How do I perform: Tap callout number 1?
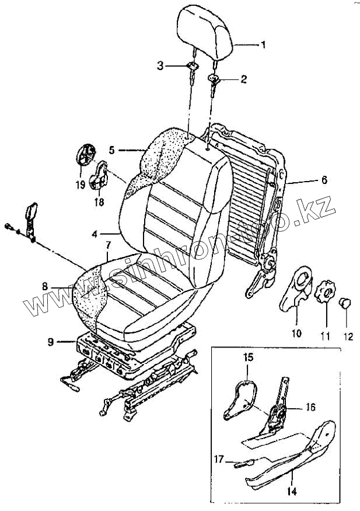pos(263,44)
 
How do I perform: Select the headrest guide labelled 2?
pos(215,79)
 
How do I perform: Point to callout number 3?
pos(160,65)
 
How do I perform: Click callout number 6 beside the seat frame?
pos(323,180)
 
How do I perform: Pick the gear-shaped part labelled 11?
pos(326,290)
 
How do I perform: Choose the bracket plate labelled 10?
pos(297,288)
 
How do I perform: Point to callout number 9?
pos(51,342)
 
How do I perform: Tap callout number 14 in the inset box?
pos(292,492)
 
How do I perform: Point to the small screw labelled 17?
pos(242,464)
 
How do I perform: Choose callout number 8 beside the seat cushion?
pos(46,287)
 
